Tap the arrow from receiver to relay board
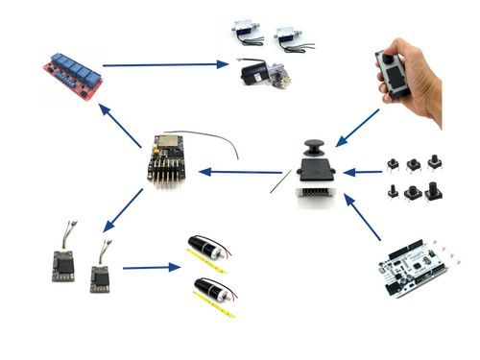click(121, 120)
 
